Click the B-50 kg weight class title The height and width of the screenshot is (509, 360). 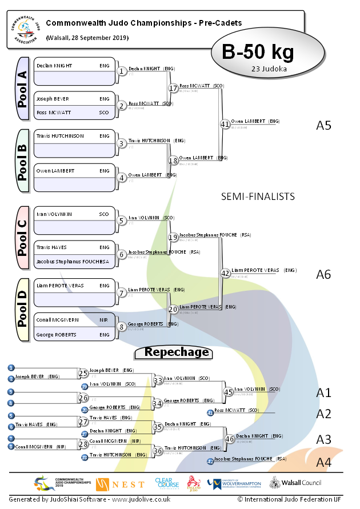click(258, 52)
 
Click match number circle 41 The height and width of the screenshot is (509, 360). click(225, 123)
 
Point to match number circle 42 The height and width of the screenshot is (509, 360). click(225, 273)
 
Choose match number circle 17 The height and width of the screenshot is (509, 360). click(174, 89)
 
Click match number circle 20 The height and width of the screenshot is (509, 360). click(174, 309)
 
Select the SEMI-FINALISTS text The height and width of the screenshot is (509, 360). click(258, 197)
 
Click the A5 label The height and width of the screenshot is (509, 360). click(323, 125)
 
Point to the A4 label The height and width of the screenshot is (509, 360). click(323, 462)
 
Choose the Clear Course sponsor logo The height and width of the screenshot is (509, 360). click(167, 483)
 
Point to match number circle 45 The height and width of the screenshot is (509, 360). click(229, 392)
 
